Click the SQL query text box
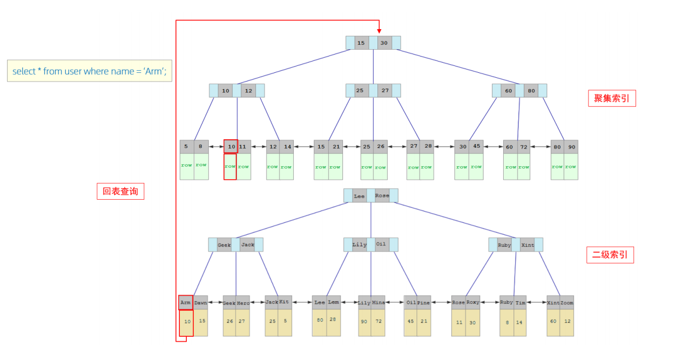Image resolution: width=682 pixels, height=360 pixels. tap(90, 71)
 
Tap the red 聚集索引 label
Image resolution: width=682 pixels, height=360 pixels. tap(611, 98)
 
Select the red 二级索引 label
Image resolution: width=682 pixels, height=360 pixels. tap(610, 255)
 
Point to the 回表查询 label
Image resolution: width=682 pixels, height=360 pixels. tap(120, 191)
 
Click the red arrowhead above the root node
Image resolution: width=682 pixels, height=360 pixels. tap(379, 30)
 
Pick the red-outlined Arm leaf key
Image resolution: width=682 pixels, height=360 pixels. tap(186, 303)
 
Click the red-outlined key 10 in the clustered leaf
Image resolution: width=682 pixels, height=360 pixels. tap(231, 146)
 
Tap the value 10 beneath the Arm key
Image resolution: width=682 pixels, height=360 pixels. tap(187, 322)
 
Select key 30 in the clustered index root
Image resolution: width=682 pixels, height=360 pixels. tap(384, 43)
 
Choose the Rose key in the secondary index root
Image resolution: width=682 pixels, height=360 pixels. tap(382, 196)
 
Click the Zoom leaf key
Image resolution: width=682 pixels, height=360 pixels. tap(566, 303)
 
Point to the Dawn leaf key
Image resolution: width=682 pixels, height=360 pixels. tap(201, 303)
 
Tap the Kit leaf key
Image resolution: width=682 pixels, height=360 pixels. tap(285, 302)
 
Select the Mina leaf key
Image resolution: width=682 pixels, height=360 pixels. tap(379, 303)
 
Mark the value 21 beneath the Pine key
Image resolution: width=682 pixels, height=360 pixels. tap(424, 321)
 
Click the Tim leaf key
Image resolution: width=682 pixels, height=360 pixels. tap(521, 303)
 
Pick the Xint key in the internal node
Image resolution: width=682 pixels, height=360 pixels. tap(528, 245)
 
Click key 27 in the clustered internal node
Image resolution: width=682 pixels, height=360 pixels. tap(384, 91)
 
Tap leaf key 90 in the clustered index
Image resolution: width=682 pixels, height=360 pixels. tap(571, 147)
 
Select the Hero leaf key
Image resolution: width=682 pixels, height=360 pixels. tap(243, 303)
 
